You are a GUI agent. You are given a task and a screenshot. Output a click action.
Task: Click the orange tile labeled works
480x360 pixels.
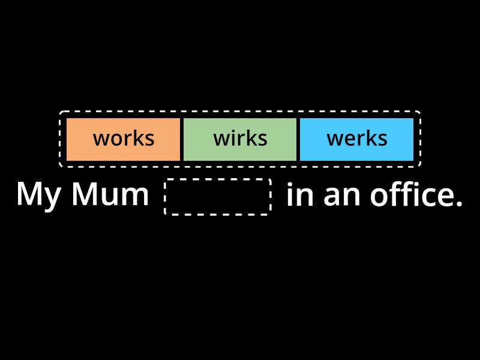click(123, 139)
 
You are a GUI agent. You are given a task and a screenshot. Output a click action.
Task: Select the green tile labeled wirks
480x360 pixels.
click(240, 139)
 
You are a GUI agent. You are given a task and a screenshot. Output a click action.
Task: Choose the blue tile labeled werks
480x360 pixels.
click(356, 139)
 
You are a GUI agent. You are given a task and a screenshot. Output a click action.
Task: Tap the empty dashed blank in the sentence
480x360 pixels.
click(218, 196)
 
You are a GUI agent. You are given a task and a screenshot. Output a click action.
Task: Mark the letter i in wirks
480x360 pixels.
click(235, 139)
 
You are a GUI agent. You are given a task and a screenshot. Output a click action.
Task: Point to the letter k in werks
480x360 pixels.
click(372, 139)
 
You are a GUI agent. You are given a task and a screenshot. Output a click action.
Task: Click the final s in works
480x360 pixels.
click(149, 140)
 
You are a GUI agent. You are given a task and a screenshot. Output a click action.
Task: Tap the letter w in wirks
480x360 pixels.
click(222, 140)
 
